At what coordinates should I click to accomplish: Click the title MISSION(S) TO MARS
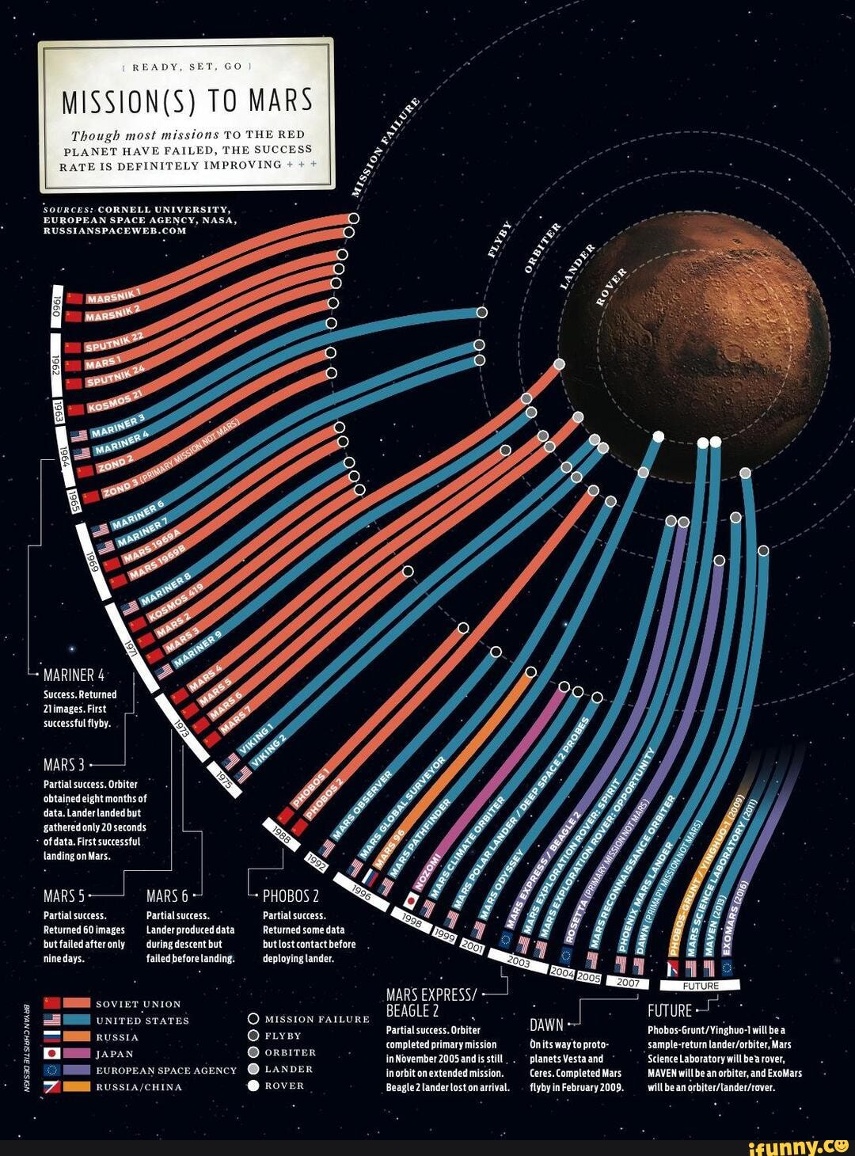(x=187, y=102)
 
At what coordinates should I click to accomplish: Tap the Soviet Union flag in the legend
(x=51, y=1004)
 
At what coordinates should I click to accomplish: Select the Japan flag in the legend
(x=51, y=1054)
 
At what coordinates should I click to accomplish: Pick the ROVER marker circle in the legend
(x=253, y=1086)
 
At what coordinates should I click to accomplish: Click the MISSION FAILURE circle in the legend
(x=253, y=1019)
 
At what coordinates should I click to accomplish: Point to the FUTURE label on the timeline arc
(x=700, y=986)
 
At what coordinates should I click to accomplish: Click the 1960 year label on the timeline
(x=56, y=305)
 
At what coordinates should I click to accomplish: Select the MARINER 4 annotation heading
(x=74, y=675)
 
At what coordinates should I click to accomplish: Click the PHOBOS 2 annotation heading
(x=291, y=896)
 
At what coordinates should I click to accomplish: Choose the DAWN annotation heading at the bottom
(x=545, y=1026)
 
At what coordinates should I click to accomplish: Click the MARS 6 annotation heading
(x=167, y=896)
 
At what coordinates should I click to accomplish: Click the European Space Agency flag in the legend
(x=51, y=1070)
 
